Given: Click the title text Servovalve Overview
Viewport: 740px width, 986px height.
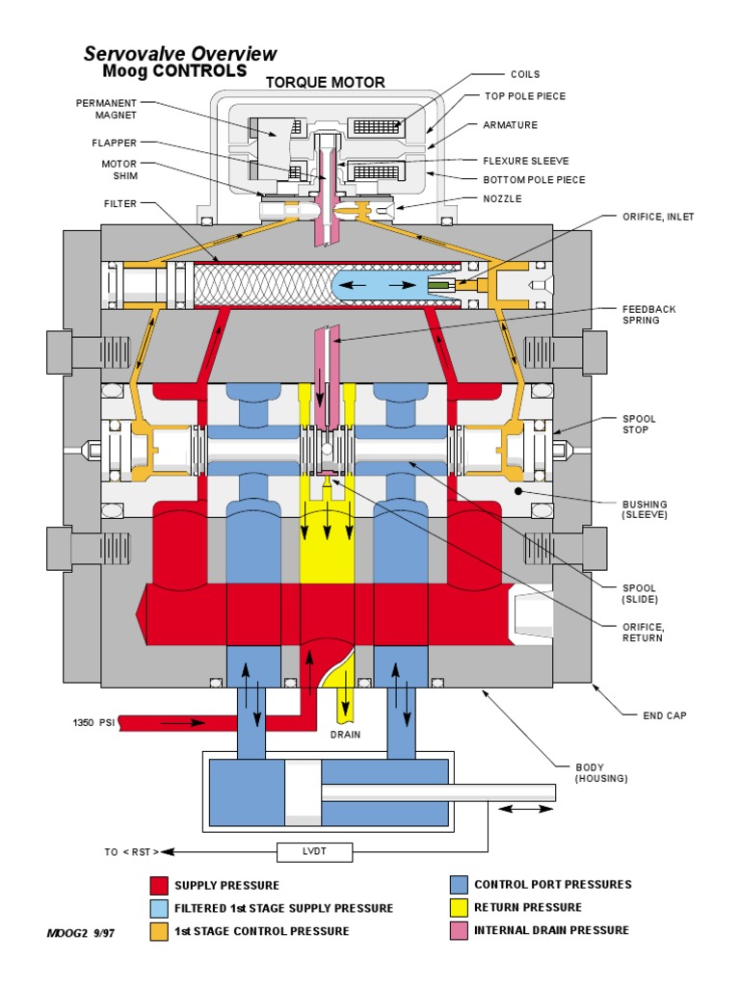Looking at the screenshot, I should [x=180, y=54].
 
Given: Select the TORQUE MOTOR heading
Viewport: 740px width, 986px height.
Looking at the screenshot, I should [x=325, y=83].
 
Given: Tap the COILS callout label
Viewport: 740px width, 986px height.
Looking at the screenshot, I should [x=524, y=74].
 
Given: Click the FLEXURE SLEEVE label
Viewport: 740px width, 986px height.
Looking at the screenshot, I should [x=525, y=161].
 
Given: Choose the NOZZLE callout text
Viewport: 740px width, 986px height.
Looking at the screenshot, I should [x=502, y=198].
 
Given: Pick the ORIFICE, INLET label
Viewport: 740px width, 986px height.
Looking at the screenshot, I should [x=657, y=217].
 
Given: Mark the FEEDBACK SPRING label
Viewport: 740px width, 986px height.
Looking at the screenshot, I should [x=647, y=314].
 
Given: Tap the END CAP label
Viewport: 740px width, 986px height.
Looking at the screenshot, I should [x=665, y=715].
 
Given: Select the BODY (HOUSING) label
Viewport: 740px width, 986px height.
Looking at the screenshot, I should [x=601, y=772].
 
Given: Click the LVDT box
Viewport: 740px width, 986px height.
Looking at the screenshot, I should [x=315, y=851].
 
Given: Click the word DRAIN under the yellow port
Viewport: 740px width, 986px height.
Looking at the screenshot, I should [x=345, y=734].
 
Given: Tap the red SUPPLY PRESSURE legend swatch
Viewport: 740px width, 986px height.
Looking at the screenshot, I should [x=159, y=885].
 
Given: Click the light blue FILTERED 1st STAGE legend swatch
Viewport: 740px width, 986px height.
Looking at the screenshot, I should [x=159, y=908].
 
